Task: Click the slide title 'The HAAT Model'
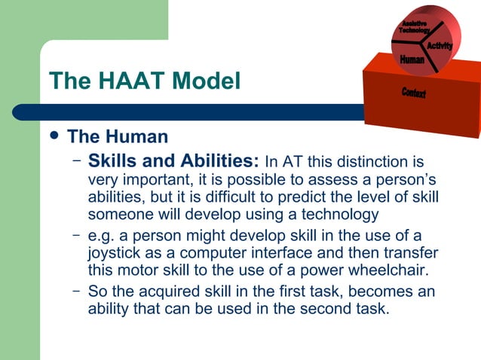point(144,81)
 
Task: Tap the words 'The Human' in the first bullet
point(118,137)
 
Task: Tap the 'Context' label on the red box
point(413,93)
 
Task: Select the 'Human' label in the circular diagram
point(412,59)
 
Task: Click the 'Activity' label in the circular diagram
point(439,47)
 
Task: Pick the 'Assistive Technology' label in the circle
point(414,26)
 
